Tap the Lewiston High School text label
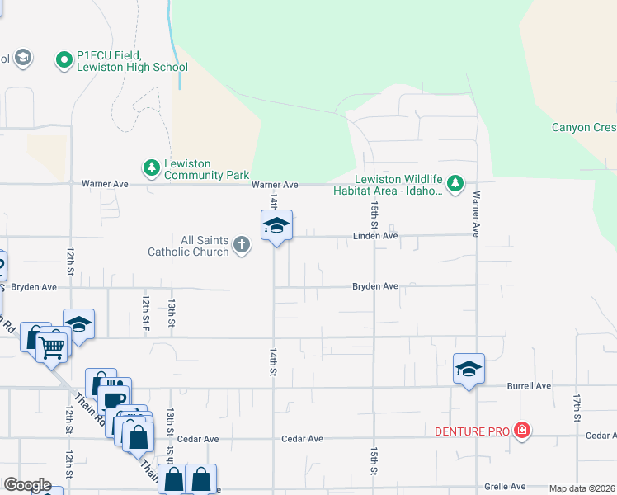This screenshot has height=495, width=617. click(x=125, y=67)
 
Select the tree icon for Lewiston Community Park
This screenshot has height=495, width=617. click(x=151, y=168)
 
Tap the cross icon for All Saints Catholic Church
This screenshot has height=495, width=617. click(x=241, y=245)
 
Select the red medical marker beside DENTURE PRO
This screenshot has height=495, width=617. click(x=521, y=430)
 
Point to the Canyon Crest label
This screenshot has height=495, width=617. click(x=584, y=128)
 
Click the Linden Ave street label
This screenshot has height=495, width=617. click(x=375, y=236)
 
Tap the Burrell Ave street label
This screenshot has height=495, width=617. click(x=529, y=386)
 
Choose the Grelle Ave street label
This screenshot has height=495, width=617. click(x=504, y=487)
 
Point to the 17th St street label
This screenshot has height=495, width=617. click(x=577, y=403)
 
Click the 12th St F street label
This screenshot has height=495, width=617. click(x=145, y=309)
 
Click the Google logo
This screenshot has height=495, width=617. click(x=27, y=485)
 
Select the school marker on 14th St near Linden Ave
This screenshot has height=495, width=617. click(x=277, y=225)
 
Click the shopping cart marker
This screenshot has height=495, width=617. click(x=51, y=346)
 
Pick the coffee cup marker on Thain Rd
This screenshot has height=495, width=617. click(x=115, y=399)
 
